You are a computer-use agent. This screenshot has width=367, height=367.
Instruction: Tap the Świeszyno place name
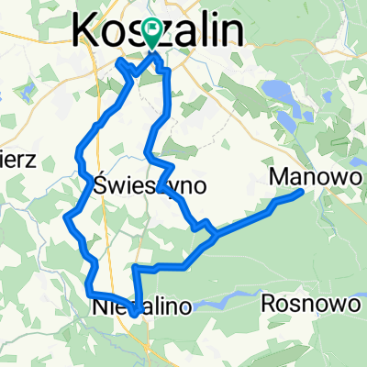click(x=150, y=185)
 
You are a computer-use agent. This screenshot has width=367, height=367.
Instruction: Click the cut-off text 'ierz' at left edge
click(x=17, y=161)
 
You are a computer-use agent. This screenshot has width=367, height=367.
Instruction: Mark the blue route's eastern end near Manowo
click(x=302, y=192)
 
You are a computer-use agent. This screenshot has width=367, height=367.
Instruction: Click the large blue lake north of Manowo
click(x=274, y=91)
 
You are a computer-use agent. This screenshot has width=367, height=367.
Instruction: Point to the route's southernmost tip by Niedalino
click(x=135, y=315)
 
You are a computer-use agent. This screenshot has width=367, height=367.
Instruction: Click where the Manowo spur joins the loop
click(x=215, y=235)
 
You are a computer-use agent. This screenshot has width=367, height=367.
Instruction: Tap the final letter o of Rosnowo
click(x=347, y=303)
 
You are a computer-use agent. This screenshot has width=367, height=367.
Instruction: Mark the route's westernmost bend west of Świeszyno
click(x=68, y=217)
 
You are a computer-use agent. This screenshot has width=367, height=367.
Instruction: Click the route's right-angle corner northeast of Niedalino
click(x=136, y=269)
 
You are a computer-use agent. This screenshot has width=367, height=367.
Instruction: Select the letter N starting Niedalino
click(x=99, y=309)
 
